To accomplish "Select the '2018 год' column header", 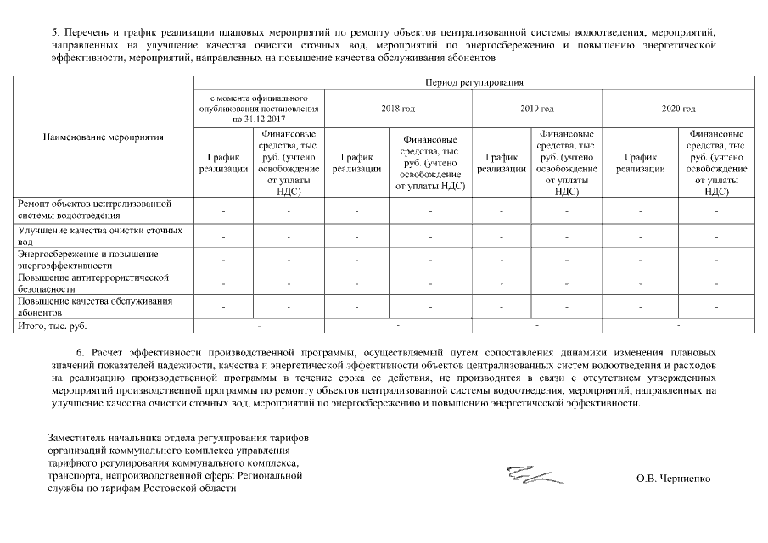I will [397, 109].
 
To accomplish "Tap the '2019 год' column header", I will [537, 109].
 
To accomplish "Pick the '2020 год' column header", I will [678, 109].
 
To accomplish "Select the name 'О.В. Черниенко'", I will [673, 478].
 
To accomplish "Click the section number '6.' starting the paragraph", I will [81, 350].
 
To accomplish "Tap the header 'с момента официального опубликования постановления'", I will [259, 109].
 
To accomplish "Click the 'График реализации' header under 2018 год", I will [356, 163].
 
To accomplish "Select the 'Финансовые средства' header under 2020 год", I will [716, 163].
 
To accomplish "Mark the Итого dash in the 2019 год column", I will [536, 324].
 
